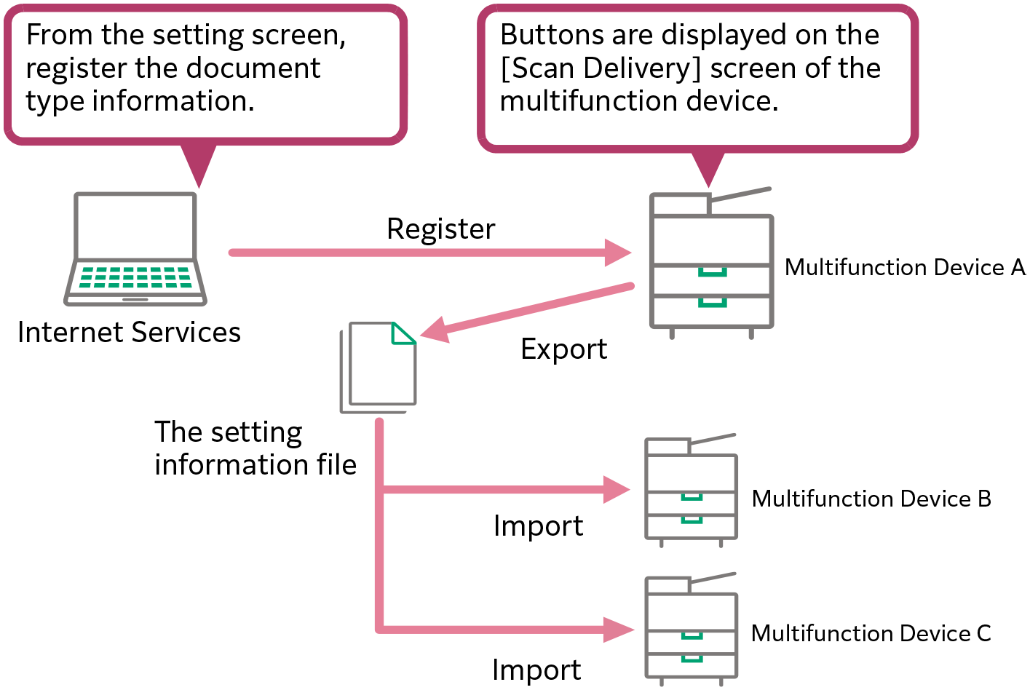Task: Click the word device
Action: coord(732,100)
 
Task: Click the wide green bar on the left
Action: coord(135,278)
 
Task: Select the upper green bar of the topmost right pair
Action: coord(713,277)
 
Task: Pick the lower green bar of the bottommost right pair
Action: coord(692,662)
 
